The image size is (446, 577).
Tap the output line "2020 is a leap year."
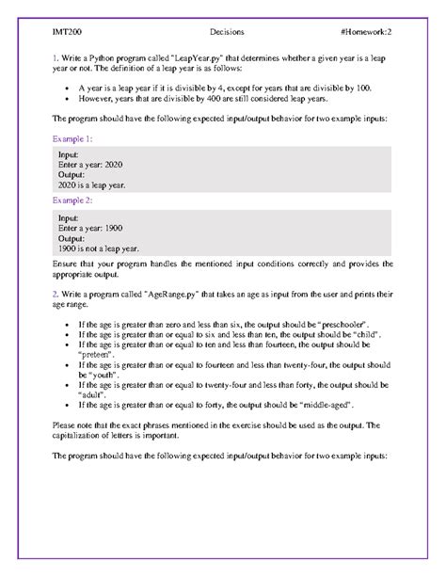pos(91,185)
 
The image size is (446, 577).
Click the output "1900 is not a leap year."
pos(98,248)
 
